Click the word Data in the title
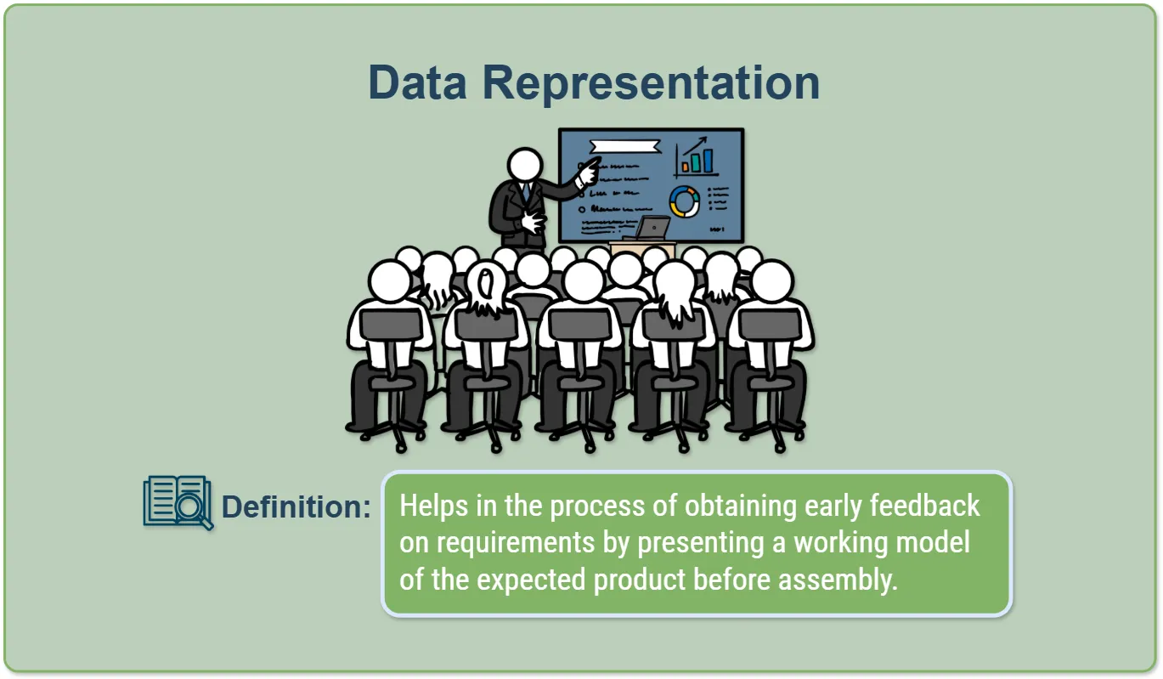coord(417,82)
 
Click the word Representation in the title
coord(651,84)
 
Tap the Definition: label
coord(296,506)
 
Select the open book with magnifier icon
coord(178,503)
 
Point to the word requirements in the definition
coord(515,543)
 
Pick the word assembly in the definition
coord(838,580)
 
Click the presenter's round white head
coord(525,165)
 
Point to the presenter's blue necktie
coord(526,191)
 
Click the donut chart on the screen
coord(685,201)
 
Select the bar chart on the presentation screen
coord(697,157)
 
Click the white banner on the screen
coord(625,146)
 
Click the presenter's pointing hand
coord(589,172)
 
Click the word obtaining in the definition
coord(741,506)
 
